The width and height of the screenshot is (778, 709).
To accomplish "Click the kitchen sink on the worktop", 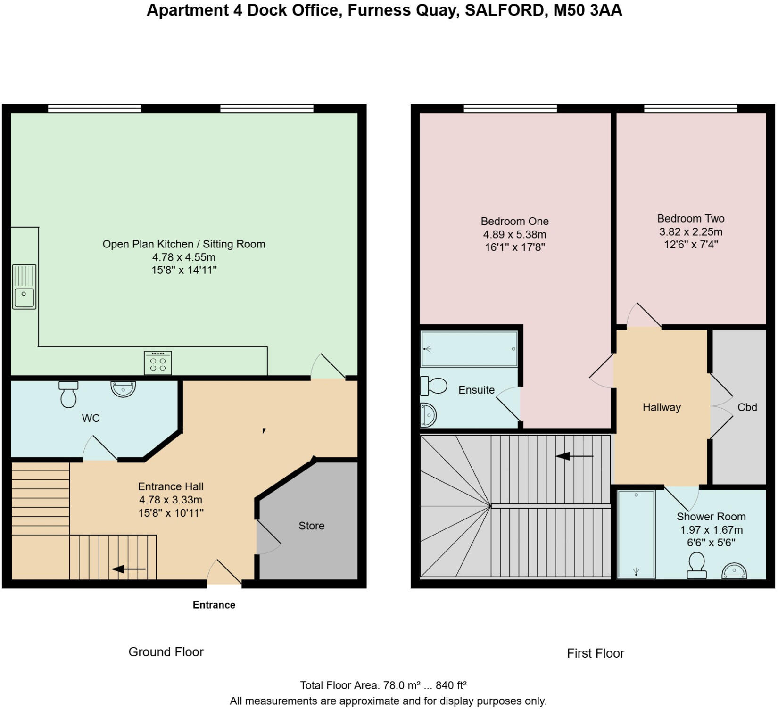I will pyautogui.click(x=24, y=287).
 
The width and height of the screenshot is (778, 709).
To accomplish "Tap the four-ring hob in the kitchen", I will pyautogui.click(x=158, y=363).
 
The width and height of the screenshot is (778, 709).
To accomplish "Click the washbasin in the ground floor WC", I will pyautogui.click(x=123, y=389).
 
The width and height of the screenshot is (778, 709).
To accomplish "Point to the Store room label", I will pyautogui.click(x=311, y=526).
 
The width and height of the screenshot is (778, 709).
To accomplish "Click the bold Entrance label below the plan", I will pyautogui.click(x=214, y=605).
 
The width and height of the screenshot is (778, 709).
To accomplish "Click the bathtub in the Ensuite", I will pyautogui.click(x=469, y=349).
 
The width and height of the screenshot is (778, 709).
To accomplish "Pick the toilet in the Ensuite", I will pyautogui.click(x=433, y=386).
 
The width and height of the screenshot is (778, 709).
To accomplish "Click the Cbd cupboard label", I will pyautogui.click(x=747, y=407).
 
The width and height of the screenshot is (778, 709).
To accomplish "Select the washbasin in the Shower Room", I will pyautogui.click(x=734, y=571).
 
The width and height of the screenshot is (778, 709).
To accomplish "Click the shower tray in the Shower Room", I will pyautogui.click(x=636, y=534).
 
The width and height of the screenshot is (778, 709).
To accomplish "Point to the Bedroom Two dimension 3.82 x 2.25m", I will pyautogui.click(x=690, y=231).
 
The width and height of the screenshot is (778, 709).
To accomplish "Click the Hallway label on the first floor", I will pyautogui.click(x=662, y=407).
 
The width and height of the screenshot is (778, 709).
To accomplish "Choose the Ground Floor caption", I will pyautogui.click(x=166, y=652).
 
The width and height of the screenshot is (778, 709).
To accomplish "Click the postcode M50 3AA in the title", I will pyautogui.click(x=588, y=10).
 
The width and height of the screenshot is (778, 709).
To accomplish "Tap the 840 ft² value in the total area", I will pyautogui.click(x=451, y=685).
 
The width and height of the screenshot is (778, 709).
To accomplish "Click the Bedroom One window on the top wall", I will pyautogui.click(x=510, y=109).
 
